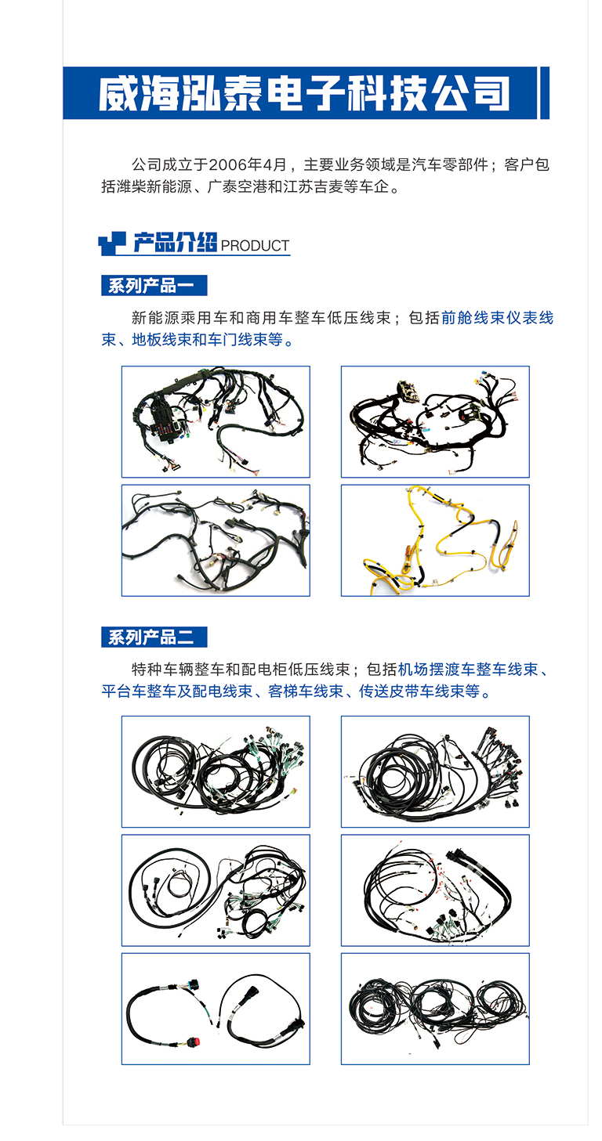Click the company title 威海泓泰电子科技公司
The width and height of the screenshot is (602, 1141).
tap(303, 94)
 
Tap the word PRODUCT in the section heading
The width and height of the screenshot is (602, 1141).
tap(255, 246)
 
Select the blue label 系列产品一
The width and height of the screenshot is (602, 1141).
tap(154, 286)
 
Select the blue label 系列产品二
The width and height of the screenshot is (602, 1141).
tap(154, 637)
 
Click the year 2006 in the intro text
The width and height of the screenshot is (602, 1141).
tap(228, 166)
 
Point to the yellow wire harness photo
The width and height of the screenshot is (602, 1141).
tap(435, 540)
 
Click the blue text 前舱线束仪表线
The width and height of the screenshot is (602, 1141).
tap(498, 319)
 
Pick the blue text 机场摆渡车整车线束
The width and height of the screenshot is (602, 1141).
tap(468, 670)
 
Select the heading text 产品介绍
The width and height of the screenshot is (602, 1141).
tap(174, 244)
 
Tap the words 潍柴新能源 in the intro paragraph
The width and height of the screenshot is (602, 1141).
tap(153, 188)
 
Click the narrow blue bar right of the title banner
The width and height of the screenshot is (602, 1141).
tap(545, 93)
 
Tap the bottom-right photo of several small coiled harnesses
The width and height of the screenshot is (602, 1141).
tap(435, 1008)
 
